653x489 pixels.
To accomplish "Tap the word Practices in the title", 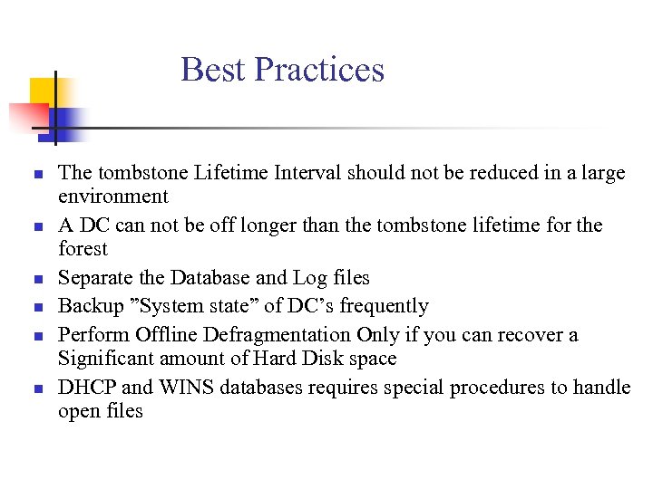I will (x=319, y=70).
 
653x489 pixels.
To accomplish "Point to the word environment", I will (x=113, y=197).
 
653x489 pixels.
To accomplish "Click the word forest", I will (x=83, y=248).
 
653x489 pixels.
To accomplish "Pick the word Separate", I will (x=93, y=278).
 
